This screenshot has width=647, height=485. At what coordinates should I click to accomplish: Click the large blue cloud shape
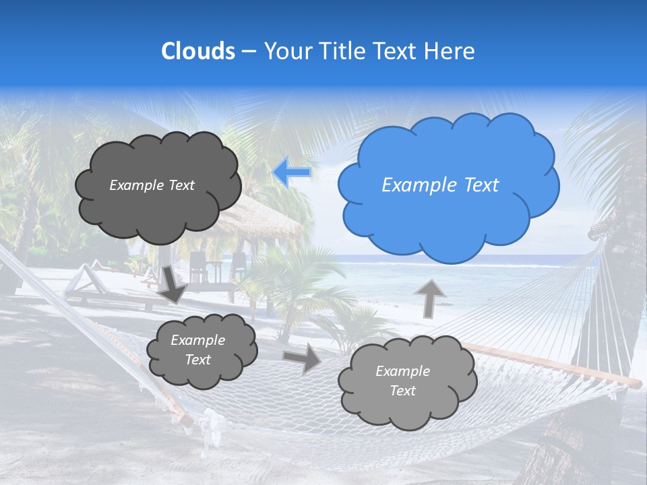(448, 185)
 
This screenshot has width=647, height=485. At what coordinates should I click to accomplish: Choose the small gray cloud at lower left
(201, 350)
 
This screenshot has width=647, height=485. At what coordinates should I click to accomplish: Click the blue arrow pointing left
(292, 172)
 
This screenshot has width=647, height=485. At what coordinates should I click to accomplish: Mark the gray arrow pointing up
(429, 298)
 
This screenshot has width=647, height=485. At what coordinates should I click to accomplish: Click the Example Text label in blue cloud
(440, 185)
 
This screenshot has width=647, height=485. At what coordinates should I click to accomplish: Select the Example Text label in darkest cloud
(152, 185)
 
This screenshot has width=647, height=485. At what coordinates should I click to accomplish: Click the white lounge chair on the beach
(84, 283)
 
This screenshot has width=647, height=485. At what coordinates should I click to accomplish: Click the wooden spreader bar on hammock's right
(553, 364)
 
